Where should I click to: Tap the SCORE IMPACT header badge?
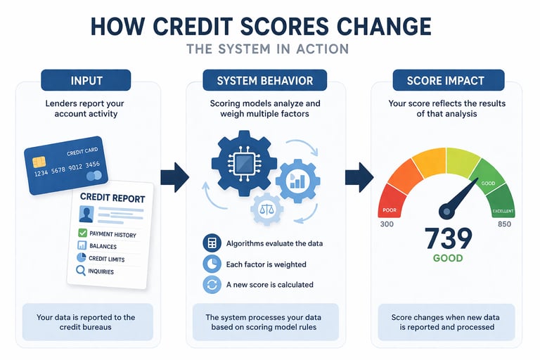[x=445, y=80]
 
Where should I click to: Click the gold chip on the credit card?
[x=39, y=162]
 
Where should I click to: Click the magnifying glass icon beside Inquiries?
[x=82, y=271]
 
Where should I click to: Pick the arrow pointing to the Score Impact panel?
[x=361, y=176]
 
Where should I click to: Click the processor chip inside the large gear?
[x=244, y=164]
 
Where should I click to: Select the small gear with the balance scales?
[x=248, y=209]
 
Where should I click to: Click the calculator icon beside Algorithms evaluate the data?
[x=210, y=244]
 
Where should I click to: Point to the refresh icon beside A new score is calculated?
[x=210, y=285]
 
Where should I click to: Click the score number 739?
[x=448, y=238]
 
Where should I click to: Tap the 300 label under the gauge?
[x=386, y=224]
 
